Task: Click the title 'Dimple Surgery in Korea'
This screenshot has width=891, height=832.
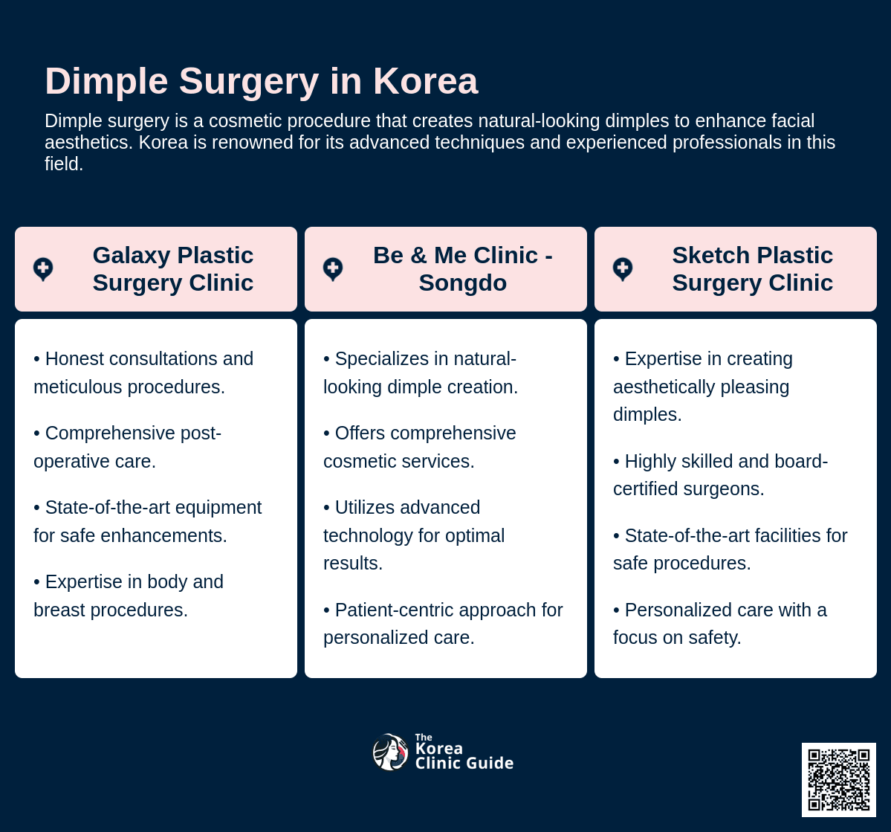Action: [261, 81]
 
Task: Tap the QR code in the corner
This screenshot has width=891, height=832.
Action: [838, 779]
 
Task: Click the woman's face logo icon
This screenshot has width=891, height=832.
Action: [390, 752]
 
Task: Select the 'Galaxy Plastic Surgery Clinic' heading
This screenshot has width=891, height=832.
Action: [172, 269]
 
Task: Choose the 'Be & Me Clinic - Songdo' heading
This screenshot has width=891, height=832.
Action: [462, 269]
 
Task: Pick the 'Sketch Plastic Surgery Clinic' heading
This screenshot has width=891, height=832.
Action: [752, 269]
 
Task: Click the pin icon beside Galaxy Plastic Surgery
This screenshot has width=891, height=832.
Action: [43, 268]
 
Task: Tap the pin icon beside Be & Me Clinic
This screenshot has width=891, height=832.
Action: [333, 268]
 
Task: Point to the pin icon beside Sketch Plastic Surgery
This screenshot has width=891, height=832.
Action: [623, 268]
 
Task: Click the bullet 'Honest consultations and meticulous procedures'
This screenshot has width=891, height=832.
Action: [143, 373]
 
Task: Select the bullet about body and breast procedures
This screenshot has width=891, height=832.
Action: [129, 596]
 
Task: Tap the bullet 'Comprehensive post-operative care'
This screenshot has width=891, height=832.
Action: [127, 447]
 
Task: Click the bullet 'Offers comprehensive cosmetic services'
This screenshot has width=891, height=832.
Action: [419, 447]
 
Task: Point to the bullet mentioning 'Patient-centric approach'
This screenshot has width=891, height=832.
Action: [443, 624]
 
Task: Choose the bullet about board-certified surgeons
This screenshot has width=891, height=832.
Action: [720, 475]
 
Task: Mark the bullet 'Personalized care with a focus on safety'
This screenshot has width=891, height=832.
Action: [719, 624]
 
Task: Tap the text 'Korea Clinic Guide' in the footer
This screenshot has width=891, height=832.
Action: [463, 755]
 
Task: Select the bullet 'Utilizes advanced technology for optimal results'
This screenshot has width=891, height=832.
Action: [414, 535]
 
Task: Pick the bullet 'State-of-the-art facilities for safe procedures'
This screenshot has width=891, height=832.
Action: [730, 549]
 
